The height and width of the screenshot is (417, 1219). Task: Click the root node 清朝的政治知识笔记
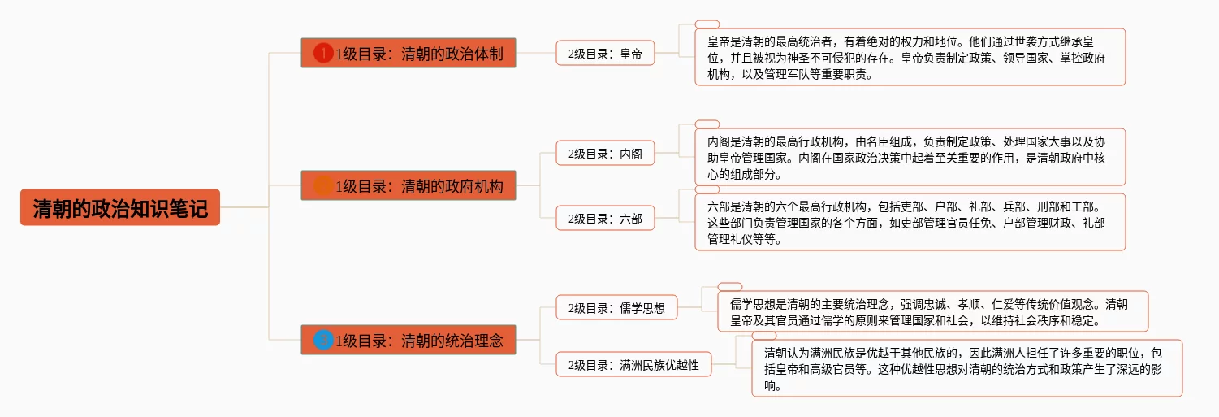pos(120,207)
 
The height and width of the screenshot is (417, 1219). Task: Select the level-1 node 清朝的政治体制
pos(408,53)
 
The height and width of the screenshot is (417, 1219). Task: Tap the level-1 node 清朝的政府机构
pos(408,185)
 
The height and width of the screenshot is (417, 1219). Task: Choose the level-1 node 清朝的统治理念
pos(408,340)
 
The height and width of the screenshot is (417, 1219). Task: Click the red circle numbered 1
pos(323,53)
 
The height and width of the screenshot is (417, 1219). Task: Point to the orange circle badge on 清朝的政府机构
pos(323,185)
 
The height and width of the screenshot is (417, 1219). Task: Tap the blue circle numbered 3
pos(323,341)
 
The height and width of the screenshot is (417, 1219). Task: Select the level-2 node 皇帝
pos(605,54)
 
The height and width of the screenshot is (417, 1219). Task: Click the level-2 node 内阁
pos(605,154)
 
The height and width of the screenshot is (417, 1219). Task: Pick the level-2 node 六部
pos(605,219)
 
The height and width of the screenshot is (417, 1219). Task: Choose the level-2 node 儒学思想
pos(616,307)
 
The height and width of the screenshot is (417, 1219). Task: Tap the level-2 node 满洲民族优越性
pos(633,364)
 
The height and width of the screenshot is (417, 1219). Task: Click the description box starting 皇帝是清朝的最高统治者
pos(910,57)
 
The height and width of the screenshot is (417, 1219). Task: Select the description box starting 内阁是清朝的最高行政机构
pos(910,158)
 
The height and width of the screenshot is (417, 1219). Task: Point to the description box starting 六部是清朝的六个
pos(910,222)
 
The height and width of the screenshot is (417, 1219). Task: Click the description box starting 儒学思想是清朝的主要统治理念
pos(933,311)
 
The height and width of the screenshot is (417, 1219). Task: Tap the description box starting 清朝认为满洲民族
pos(967,368)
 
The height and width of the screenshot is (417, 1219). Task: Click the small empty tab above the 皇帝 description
pos(707,24)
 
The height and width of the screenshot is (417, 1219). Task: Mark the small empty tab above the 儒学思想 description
pos(730,287)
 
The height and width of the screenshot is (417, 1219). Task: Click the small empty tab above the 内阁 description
pos(707,124)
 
